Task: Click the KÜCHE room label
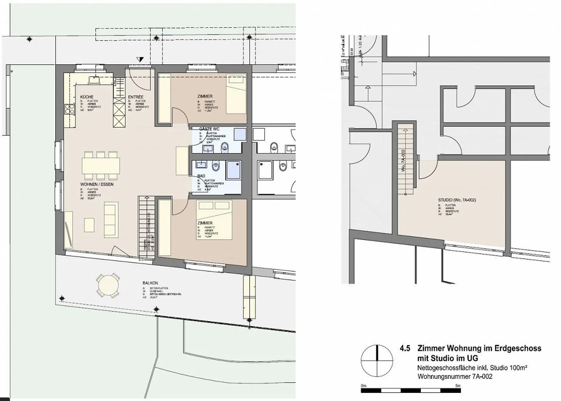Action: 86,97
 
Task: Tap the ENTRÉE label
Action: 136,97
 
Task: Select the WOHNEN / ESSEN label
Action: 97,184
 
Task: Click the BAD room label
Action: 201,176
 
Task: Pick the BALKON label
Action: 150,284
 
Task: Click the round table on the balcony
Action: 108,288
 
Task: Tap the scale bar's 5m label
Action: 458,385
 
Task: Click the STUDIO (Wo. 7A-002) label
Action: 457,200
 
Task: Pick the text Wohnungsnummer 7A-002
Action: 455,376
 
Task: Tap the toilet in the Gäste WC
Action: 225,147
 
